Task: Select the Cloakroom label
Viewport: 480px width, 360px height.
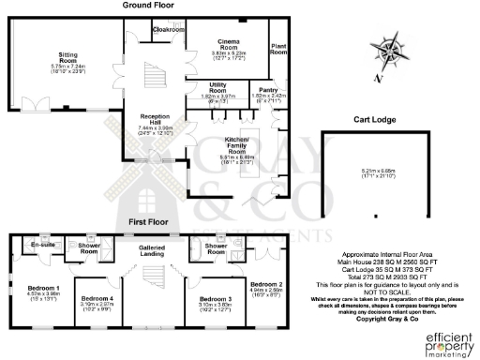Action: [169, 30]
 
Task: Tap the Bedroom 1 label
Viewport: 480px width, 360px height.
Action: [44, 288]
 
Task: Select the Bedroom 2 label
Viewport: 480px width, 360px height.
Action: [266, 284]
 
